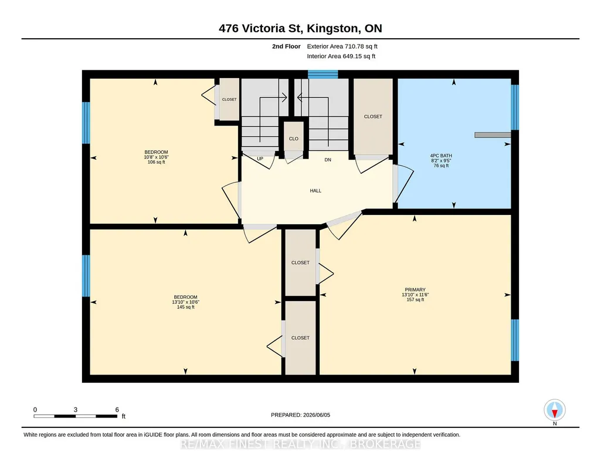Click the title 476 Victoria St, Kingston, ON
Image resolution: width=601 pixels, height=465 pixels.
point(300,28)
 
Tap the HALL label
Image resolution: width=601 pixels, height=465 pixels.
point(315,191)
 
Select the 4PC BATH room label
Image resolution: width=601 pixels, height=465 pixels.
point(441,156)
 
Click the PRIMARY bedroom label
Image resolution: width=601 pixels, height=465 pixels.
point(415,289)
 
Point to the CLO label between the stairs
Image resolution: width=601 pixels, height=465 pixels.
point(294,139)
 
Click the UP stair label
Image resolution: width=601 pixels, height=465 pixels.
point(260,159)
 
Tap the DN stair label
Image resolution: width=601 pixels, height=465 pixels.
point(328,160)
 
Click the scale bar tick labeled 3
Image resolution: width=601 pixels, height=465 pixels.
point(76,410)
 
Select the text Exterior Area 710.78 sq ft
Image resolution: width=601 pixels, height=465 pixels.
point(342,46)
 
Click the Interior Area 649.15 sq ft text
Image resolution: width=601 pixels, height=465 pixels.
point(341,56)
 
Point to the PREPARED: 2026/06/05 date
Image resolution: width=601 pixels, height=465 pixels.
point(300,415)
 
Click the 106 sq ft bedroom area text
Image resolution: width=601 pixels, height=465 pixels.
point(157,162)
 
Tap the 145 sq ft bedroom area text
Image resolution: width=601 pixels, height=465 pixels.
point(185,307)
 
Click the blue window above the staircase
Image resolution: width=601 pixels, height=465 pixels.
point(322,74)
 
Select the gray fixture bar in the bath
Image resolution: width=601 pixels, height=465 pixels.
point(493,135)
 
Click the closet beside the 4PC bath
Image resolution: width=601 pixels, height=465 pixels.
point(373,117)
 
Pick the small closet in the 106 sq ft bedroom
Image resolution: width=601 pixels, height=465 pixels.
point(229,99)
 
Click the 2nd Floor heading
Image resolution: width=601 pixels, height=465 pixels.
point(286,46)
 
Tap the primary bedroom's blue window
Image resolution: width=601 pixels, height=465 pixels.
point(515,340)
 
